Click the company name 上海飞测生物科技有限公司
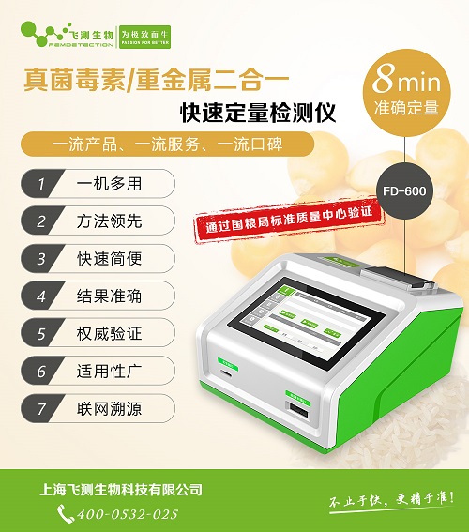point(122,490)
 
